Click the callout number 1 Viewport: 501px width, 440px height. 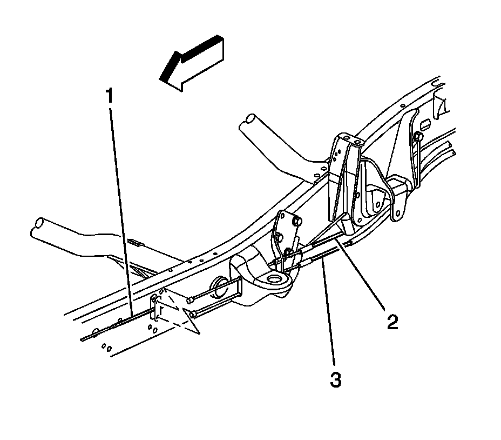point(110,97)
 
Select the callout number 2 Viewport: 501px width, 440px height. point(392,322)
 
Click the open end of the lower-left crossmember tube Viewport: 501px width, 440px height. point(39,224)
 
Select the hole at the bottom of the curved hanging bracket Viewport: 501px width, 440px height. point(398,213)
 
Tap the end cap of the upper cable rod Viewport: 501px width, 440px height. point(190,299)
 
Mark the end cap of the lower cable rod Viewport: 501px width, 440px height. point(193,313)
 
